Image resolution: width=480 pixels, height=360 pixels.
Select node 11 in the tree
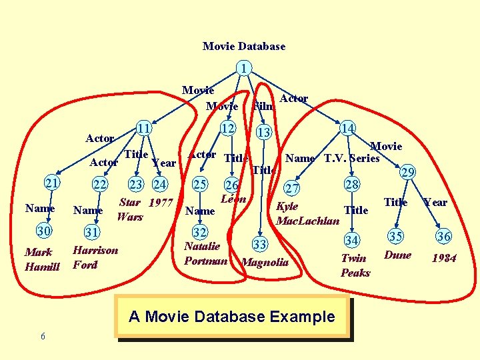click(x=142, y=128)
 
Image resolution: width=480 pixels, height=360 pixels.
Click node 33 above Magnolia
click(x=260, y=245)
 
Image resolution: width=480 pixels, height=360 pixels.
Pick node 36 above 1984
click(x=443, y=235)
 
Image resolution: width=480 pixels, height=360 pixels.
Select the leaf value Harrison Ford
click(x=95, y=257)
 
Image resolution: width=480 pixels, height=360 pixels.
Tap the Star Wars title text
click(x=131, y=209)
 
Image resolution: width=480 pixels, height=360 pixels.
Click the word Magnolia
click(x=265, y=262)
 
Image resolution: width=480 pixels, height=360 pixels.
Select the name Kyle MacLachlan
click(x=307, y=213)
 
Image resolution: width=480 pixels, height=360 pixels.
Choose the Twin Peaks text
click(x=355, y=265)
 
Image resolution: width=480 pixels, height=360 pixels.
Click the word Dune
click(x=397, y=255)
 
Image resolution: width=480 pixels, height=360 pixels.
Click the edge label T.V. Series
click(x=351, y=158)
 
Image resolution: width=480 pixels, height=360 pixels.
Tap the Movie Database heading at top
click(x=243, y=46)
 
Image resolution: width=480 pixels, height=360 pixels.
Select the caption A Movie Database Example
click(x=231, y=317)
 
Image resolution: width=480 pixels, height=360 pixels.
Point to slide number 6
click(x=43, y=336)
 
